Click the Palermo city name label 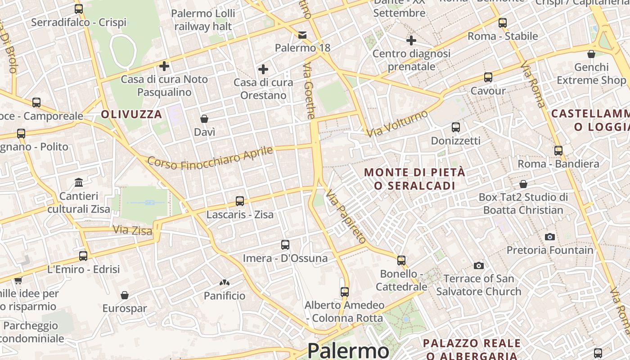348,351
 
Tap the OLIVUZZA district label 131,114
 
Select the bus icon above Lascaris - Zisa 240,201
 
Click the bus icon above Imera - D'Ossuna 285,245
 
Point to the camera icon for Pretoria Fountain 549,237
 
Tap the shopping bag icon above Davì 204,119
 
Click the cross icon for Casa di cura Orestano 263,69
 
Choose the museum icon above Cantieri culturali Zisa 79,182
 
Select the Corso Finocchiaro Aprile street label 210,158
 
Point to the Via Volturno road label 397,124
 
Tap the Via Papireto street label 346,216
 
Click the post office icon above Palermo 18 302,35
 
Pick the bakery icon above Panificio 224,283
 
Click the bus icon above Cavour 488,77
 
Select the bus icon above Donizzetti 456,127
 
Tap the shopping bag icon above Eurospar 125,295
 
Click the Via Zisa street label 133,230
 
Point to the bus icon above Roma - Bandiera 558,151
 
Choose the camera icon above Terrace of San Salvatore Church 479,265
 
